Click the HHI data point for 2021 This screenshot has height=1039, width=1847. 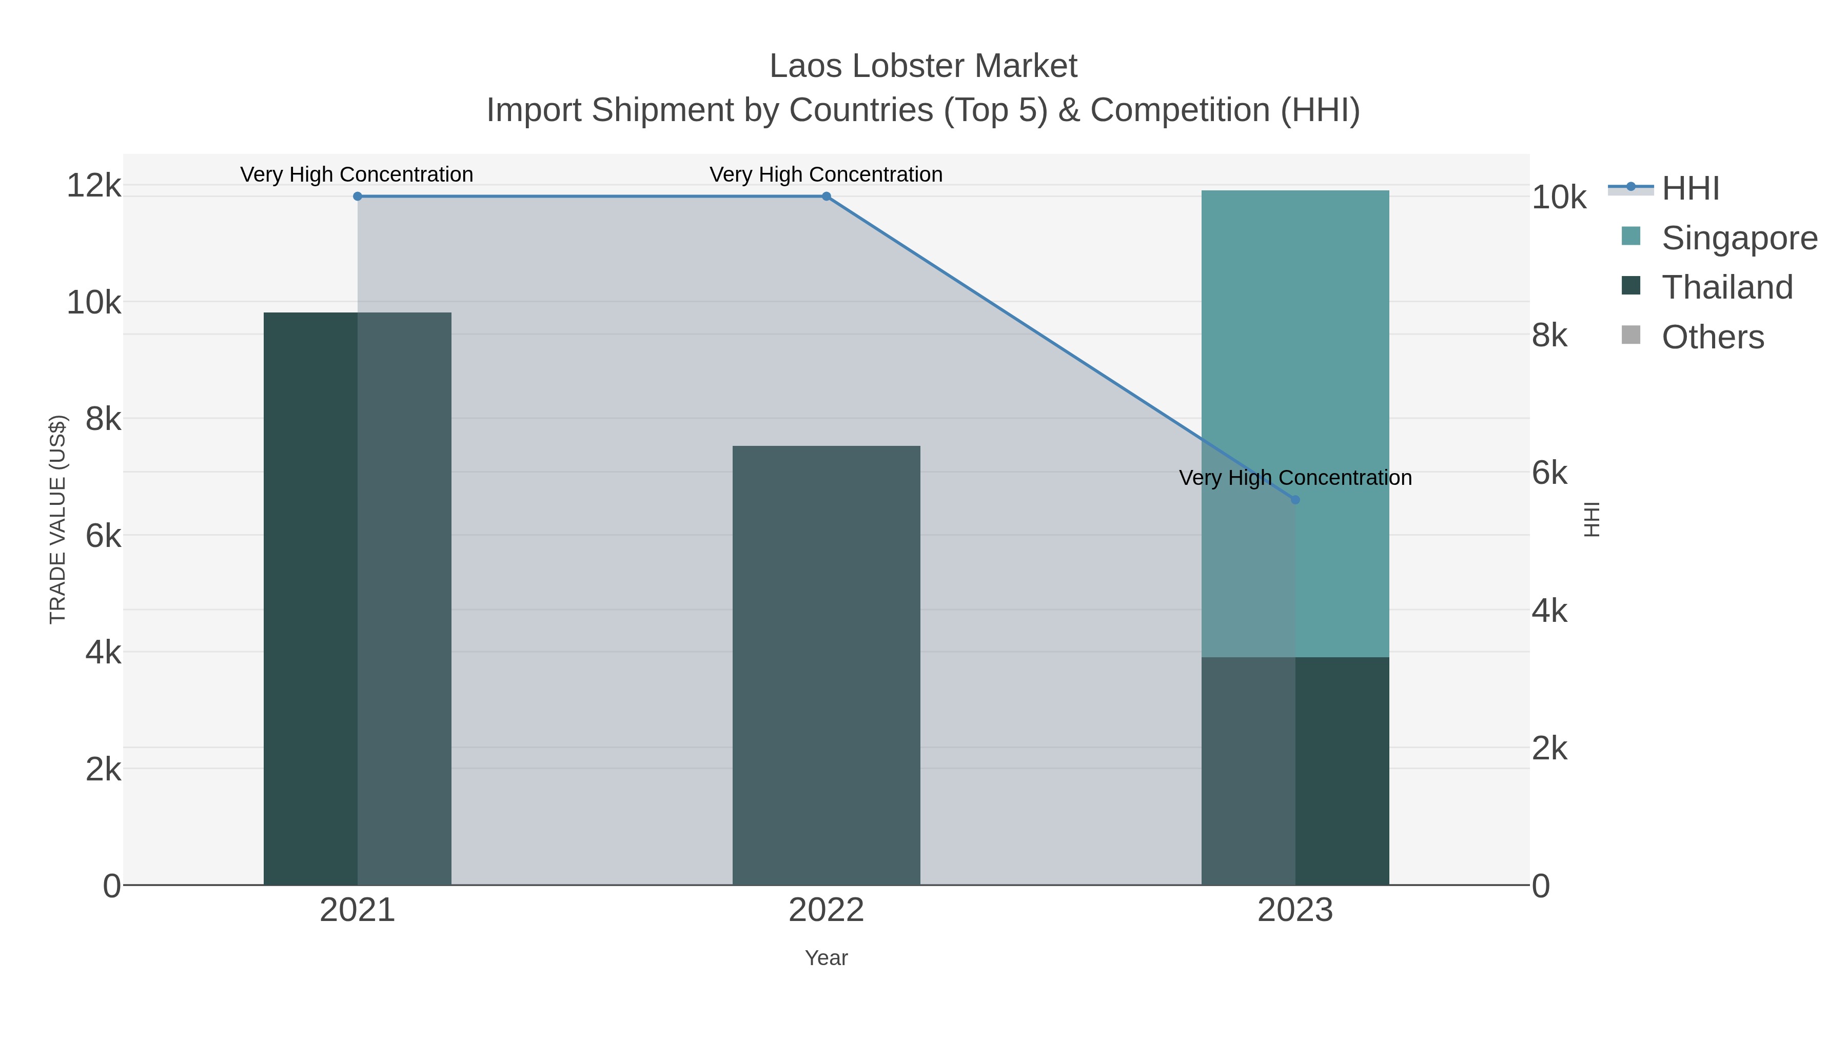(357, 196)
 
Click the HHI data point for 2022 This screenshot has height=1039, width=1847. (826, 196)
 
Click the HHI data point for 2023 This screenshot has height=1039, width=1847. (1295, 500)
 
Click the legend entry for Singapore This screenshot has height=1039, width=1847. (1739, 238)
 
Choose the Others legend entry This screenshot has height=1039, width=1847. (1712, 337)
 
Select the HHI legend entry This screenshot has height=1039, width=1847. (1690, 189)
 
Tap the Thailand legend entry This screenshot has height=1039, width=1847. (1726, 287)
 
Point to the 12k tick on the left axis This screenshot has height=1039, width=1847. (93, 186)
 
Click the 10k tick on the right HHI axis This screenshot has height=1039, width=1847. (1559, 198)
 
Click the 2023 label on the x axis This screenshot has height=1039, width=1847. (1295, 910)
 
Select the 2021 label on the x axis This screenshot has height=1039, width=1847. (357, 910)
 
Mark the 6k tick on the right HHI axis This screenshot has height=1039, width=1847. (1549, 473)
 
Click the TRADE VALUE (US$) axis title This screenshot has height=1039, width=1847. (57, 519)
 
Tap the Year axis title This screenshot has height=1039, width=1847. (826, 958)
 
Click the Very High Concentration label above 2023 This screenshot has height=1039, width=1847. (1295, 478)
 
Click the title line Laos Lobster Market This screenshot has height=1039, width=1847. (923, 66)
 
